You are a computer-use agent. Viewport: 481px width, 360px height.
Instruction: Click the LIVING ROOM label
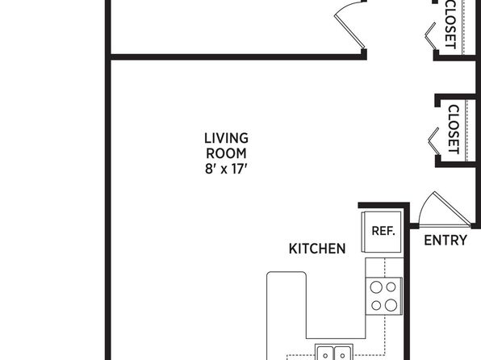[x=227, y=146]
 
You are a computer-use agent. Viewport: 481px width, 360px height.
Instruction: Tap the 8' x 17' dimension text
[x=226, y=169]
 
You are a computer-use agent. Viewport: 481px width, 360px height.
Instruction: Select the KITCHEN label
[x=317, y=249]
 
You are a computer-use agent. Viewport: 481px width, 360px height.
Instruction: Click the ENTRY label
[x=445, y=241]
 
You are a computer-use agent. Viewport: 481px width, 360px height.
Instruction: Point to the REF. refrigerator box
[x=382, y=232]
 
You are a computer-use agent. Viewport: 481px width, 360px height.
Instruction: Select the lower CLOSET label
[x=454, y=129]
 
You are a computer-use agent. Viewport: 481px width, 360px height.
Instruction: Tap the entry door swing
[x=443, y=210]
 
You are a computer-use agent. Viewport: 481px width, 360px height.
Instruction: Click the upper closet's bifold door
[x=430, y=36]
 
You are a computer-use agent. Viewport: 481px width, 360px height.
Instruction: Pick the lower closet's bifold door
[x=433, y=141]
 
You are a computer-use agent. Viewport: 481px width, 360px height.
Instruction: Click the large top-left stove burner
[x=376, y=287]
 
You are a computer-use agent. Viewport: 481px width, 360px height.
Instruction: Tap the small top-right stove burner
[x=391, y=287]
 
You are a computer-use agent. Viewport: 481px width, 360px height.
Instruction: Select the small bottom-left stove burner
[x=376, y=305]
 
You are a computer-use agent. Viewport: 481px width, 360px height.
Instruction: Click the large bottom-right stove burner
[x=391, y=305]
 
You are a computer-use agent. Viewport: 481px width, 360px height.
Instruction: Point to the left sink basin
[x=325, y=354]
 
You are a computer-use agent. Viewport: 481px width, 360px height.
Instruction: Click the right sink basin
[x=342, y=354]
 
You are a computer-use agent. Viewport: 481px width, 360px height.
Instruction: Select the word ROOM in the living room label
[x=226, y=153]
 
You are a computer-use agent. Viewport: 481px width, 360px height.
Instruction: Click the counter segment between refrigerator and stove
[x=384, y=267]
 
